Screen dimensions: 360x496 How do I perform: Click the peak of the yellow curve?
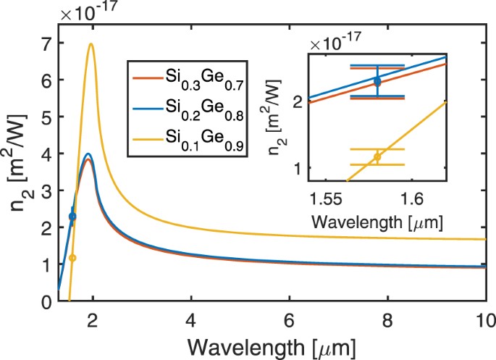pyautogui.click(x=91, y=44)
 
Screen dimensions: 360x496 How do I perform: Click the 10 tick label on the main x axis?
pyautogui.click(x=484, y=319)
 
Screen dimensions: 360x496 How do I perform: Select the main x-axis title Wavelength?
pyautogui.click(x=275, y=345)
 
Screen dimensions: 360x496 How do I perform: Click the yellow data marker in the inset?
pyautogui.click(x=377, y=157)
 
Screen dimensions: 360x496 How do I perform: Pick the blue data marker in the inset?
pyautogui.click(x=377, y=81)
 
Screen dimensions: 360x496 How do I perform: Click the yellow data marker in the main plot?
pyautogui.click(x=72, y=258)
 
